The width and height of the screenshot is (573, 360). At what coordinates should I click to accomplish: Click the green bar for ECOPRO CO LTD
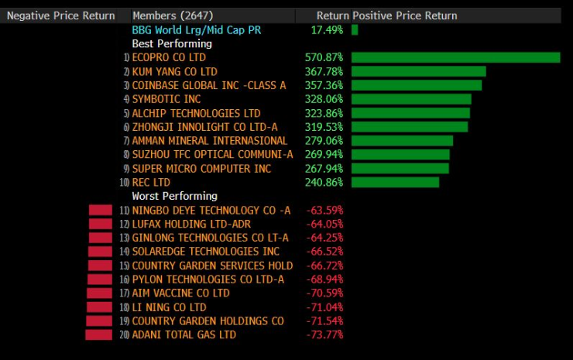click(455, 57)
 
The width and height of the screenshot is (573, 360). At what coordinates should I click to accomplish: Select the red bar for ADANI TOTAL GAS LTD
click(98, 334)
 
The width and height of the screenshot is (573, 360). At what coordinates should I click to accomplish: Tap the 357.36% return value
click(324, 85)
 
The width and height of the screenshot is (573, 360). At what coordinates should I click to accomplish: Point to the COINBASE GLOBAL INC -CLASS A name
click(209, 85)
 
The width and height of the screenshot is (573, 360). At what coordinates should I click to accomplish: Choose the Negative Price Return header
click(61, 15)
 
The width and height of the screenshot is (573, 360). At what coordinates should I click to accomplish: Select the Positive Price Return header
click(405, 15)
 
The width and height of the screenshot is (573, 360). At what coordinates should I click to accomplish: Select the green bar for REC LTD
click(395, 182)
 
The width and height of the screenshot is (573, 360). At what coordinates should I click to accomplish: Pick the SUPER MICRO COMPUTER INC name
click(202, 168)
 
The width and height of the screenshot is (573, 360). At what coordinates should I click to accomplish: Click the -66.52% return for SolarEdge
click(325, 252)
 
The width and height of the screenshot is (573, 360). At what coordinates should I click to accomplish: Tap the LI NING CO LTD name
click(170, 307)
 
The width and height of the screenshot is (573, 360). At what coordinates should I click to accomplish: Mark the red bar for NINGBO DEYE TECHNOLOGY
click(101, 210)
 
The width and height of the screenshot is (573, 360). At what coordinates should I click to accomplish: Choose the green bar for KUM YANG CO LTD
click(418, 71)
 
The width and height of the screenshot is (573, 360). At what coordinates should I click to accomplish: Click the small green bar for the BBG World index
click(355, 29)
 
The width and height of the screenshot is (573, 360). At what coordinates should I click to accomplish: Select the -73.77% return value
click(325, 334)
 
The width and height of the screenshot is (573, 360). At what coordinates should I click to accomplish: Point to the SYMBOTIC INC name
click(166, 99)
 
